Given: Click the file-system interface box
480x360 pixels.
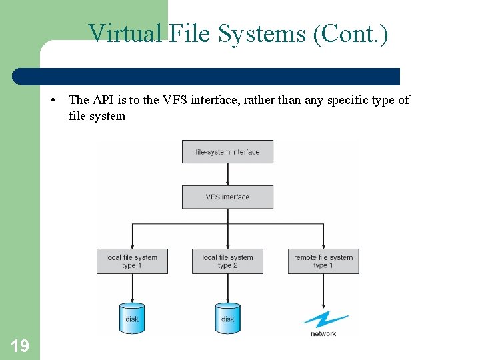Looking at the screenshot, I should coord(227,152).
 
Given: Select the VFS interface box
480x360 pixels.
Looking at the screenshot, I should coord(227,197).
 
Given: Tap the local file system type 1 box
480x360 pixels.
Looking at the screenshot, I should coord(132,261).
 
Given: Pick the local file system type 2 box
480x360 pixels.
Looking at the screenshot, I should coord(227,261).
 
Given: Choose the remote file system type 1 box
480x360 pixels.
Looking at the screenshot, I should coord(323,261).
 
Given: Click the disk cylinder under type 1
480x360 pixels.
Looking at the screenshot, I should coord(132,317).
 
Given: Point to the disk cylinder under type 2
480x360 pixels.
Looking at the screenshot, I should coord(227,317).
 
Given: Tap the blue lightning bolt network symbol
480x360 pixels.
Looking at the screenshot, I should coord(325,319).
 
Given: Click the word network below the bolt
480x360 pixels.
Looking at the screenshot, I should coord(323,333).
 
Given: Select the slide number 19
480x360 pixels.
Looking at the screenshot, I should coord(20,345).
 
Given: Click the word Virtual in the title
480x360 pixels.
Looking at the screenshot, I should coord(125,33).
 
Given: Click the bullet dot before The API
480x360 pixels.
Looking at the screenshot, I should coord(52,100).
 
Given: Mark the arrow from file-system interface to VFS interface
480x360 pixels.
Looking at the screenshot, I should coord(227,173).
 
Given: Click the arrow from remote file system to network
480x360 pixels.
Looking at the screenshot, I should coord(323,291).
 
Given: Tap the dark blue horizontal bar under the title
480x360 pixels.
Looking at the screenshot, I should coord(207,76).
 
